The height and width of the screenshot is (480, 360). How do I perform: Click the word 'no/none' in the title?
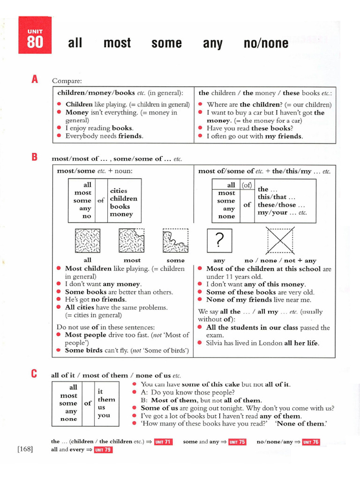click(266, 44)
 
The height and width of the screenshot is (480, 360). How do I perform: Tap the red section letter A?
click(34, 79)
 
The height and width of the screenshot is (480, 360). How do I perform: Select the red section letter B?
click(34, 157)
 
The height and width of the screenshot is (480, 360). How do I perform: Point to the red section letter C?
click(34, 374)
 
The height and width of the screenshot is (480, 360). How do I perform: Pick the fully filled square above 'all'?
click(88, 241)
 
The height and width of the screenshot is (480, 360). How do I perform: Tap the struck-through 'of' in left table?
click(101, 201)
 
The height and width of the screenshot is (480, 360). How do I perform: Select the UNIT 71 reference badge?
click(164, 442)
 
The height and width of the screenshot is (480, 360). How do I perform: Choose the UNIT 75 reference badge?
click(237, 442)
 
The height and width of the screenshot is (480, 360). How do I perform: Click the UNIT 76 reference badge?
click(310, 442)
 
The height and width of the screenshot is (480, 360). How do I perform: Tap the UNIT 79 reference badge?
click(103, 450)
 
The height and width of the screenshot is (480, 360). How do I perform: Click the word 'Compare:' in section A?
click(67, 81)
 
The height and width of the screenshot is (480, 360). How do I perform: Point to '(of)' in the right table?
click(247, 185)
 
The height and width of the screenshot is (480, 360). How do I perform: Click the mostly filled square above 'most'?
click(132, 241)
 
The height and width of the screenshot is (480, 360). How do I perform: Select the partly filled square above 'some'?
click(175, 241)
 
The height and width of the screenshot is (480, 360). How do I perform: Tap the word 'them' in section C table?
click(106, 399)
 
